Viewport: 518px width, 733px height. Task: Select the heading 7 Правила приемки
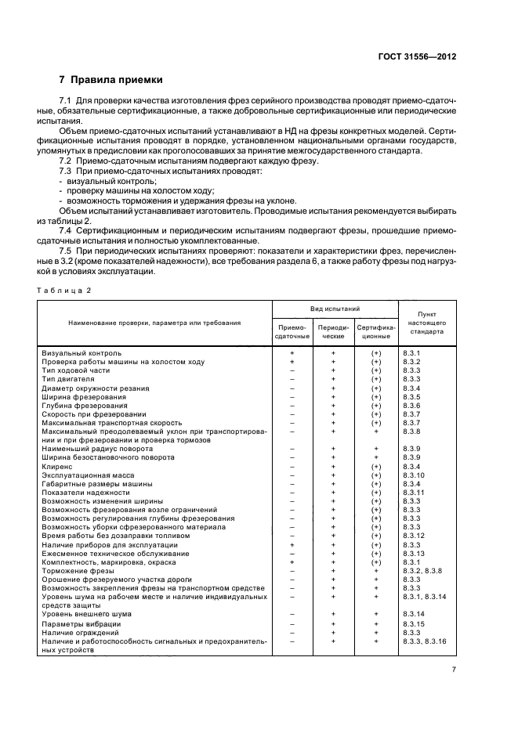(111, 80)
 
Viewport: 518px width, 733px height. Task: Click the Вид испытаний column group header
(335, 310)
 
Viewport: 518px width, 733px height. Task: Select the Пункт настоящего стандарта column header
(426, 322)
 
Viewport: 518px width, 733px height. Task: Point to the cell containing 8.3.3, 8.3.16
(424, 641)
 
